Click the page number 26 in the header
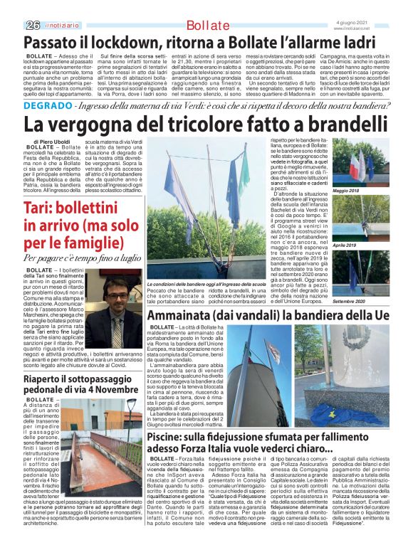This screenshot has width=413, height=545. (31, 25)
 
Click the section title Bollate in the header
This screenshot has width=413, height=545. (207, 26)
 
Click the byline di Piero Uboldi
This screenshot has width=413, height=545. (52, 142)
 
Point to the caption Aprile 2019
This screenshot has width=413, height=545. (364, 245)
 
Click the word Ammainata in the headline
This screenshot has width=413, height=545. (187, 314)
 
